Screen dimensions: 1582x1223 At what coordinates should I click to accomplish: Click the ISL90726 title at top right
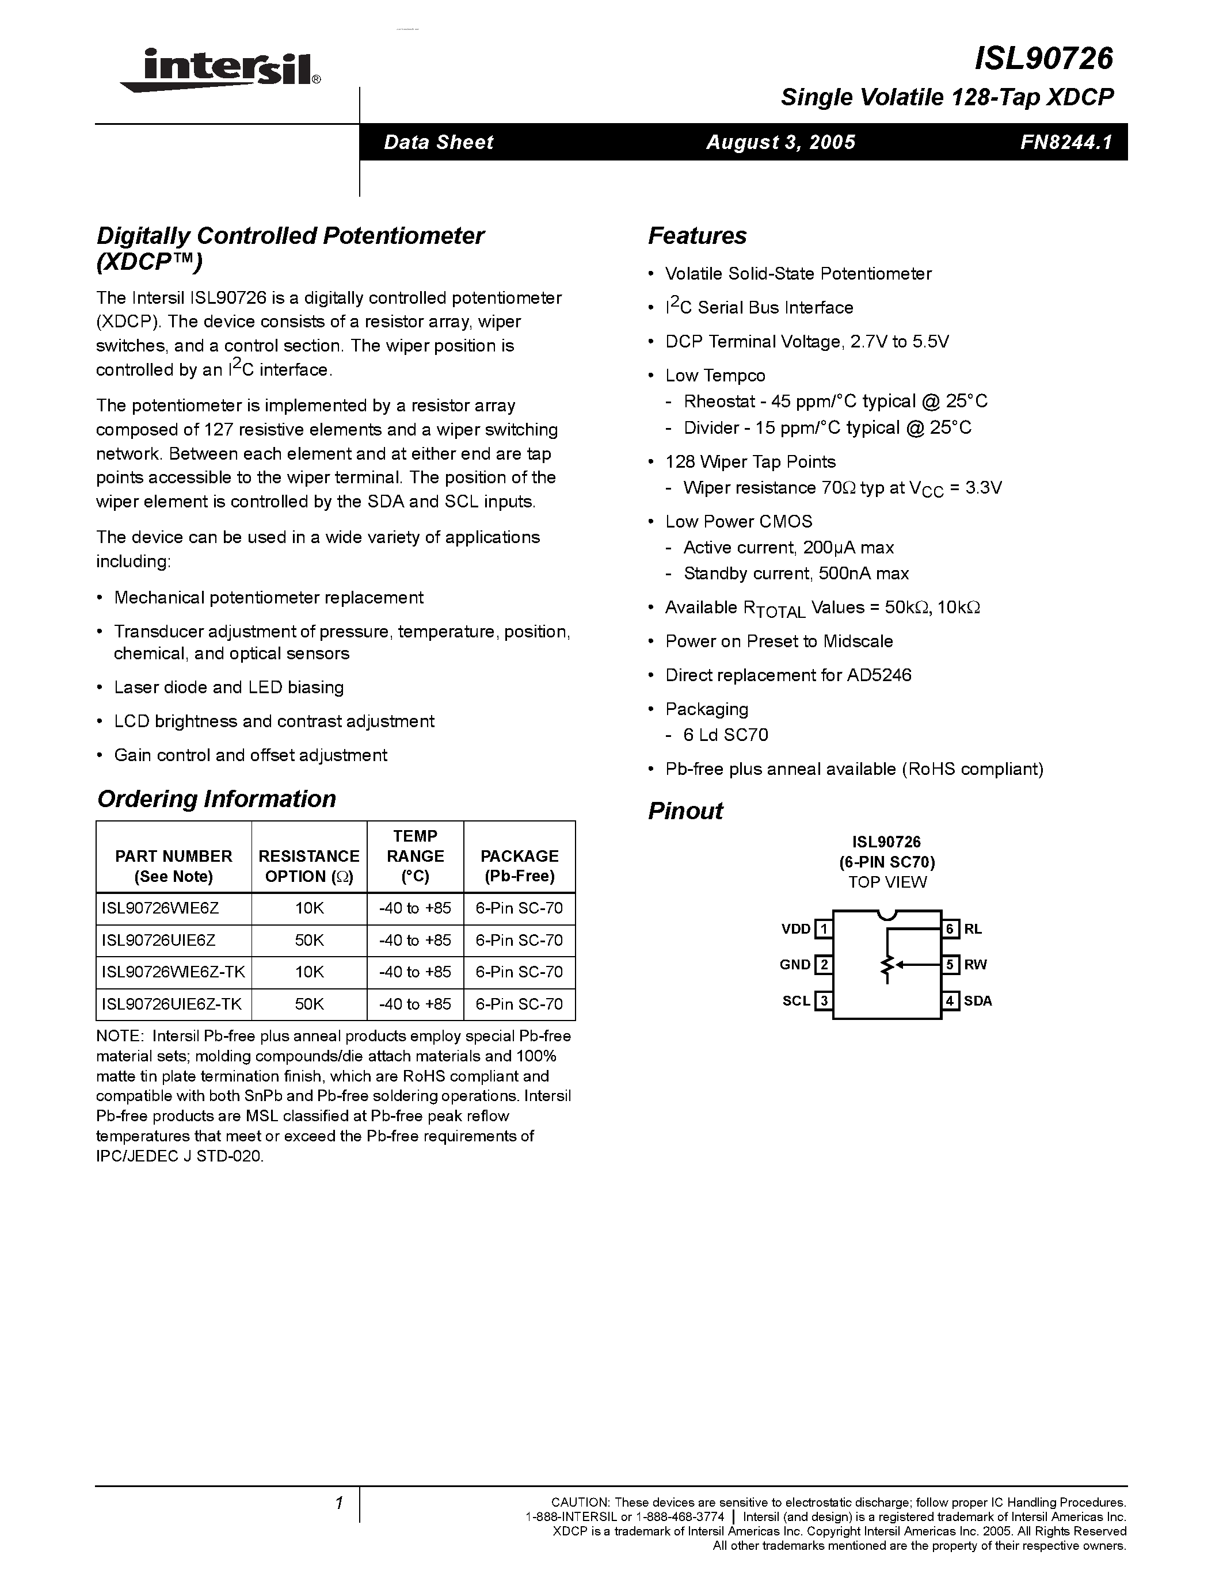pyautogui.click(x=1043, y=59)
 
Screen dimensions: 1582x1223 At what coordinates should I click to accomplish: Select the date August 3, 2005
pyautogui.click(x=780, y=142)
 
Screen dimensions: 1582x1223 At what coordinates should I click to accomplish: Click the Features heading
pyautogui.click(x=696, y=236)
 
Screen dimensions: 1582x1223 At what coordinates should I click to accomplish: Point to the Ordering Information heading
pyautogui.click(x=216, y=799)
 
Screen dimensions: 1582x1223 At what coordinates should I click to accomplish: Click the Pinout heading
pyautogui.click(x=685, y=811)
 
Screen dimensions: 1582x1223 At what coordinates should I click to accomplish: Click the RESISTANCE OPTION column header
pyautogui.click(x=308, y=866)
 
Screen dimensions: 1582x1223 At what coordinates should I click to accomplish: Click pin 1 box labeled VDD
pyautogui.click(x=823, y=928)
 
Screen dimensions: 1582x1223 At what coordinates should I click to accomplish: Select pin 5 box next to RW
pyautogui.click(x=951, y=964)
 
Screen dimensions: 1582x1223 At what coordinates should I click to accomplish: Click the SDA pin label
pyautogui.click(x=977, y=1001)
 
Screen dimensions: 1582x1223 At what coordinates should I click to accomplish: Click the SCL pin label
pyautogui.click(x=795, y=1001)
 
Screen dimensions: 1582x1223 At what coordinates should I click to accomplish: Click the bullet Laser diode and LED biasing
pyautogui.click(x=228, y=687)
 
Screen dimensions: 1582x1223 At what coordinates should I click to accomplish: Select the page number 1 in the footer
pyautogui.click(x=338, y=1503)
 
